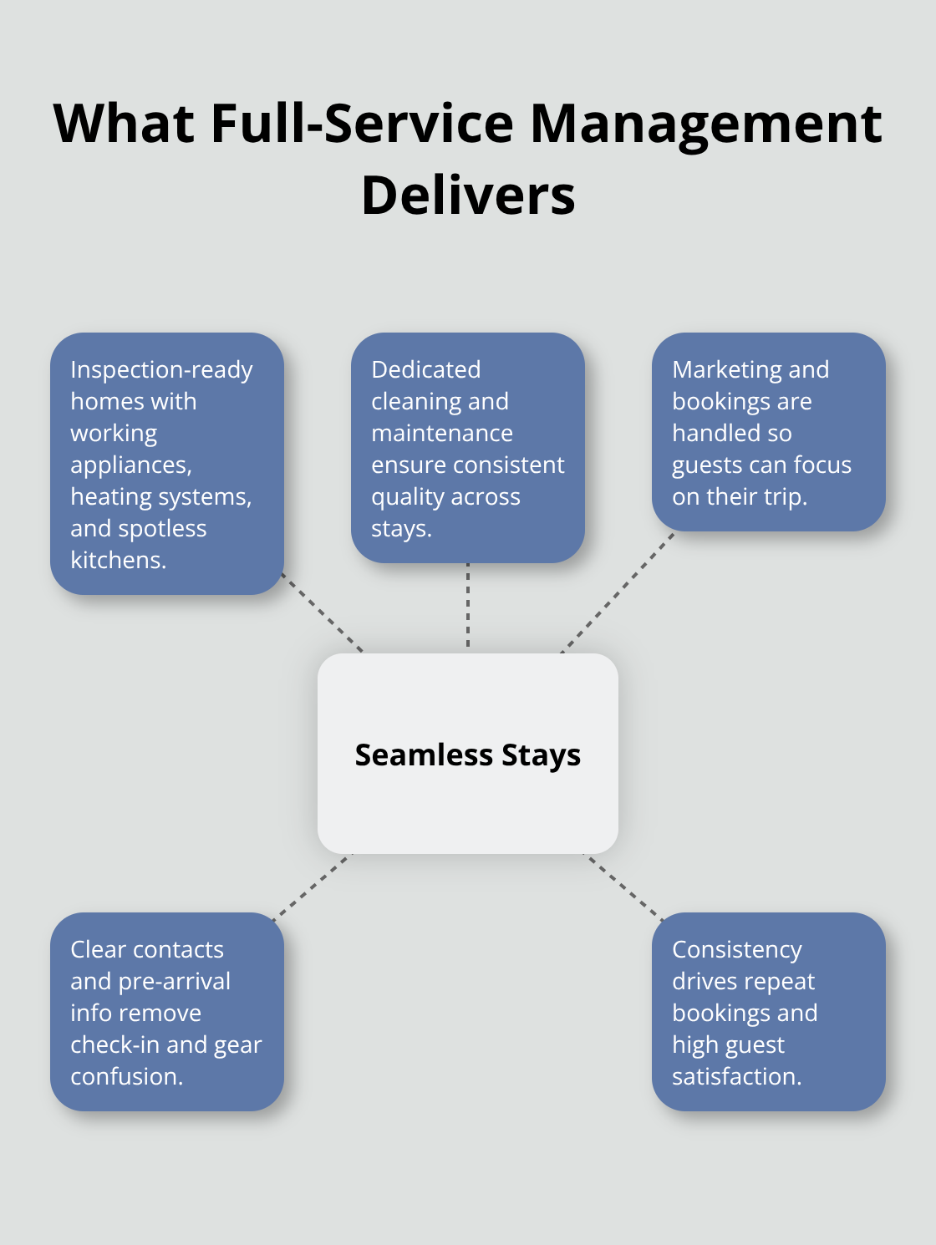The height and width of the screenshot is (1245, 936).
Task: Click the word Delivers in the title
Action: (468, 196)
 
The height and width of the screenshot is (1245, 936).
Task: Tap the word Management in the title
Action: (705, 124)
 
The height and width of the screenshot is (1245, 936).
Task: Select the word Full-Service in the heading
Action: (362, 124)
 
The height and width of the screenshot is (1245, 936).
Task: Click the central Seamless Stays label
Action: (468, 755)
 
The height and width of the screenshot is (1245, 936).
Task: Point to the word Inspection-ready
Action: (161, 369)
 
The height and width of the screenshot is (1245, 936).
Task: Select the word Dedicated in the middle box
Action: (426, 369)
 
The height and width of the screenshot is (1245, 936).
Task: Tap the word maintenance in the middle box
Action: (442, 433)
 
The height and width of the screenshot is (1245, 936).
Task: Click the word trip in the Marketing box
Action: (785, 496)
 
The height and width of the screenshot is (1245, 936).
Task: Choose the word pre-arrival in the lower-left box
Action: (174, 981)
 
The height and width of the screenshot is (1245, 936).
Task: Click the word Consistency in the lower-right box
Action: (737, 949)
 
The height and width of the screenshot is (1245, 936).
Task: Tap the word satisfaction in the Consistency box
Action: (735, 1076)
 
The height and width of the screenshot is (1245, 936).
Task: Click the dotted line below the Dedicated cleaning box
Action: (468, 606)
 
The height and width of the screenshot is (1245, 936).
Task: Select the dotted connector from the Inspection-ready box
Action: (323, 613)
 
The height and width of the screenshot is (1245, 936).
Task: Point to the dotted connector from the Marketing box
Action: (617, 593)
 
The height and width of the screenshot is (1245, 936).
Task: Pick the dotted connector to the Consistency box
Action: (623, 887)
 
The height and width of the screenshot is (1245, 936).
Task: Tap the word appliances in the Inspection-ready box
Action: (130, 465)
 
